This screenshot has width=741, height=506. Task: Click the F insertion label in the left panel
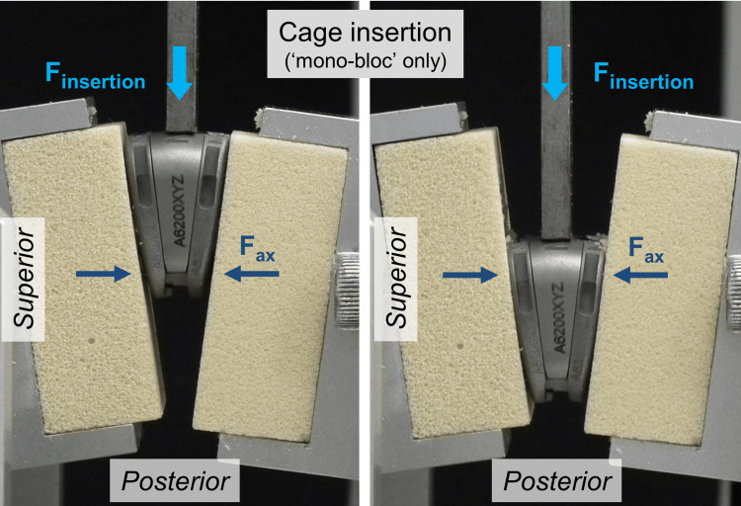(96, 76)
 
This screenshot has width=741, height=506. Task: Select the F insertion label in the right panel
(642, 76)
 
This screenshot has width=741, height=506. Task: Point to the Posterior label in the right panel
(556, 482)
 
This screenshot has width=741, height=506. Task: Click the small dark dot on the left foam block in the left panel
(91, 338)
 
